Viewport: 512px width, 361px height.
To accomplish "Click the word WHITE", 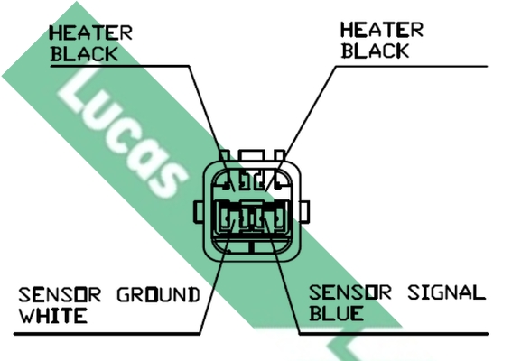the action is [53, 315].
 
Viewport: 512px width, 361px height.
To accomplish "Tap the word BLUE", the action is [336, 312].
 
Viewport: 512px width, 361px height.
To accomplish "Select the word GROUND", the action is [158, 294].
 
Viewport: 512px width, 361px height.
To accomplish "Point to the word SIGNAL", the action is [447, 292].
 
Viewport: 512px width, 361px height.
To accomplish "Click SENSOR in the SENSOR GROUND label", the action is [60, 294].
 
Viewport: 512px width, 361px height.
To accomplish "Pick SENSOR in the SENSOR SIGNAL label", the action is [350, 292].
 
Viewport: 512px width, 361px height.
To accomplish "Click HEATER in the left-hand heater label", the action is [91, 32].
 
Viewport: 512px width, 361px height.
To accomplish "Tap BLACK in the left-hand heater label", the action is [84, 53].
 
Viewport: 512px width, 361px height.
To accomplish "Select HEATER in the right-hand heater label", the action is [382, 30].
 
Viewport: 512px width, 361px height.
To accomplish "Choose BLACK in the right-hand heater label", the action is [375, 51].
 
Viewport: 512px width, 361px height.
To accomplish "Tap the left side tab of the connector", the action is [199, 212].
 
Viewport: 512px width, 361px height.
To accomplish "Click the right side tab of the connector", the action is [304, 212].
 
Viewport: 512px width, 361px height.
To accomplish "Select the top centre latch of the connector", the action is [251, 155].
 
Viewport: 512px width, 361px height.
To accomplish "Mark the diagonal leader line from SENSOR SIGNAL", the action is [283, 276].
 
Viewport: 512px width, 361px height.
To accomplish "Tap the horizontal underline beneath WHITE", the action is [107, 334].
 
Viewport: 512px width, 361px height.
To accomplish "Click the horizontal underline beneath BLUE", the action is [394, 334].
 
